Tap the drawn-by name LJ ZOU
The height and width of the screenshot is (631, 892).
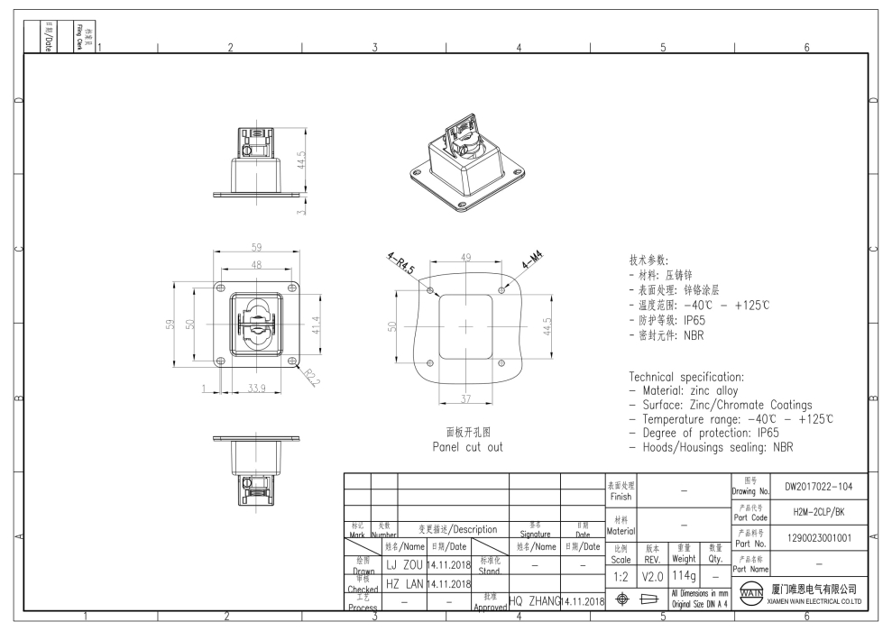pyautogui.click(x=404, y=564)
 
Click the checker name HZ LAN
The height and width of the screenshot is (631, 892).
pyautogui.click(x=404, y=583)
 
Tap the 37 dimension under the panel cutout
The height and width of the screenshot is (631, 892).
pyautogui.click(x=465, y=399)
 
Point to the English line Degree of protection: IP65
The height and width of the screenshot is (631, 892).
pyautogui.click(x=708, y=434)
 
